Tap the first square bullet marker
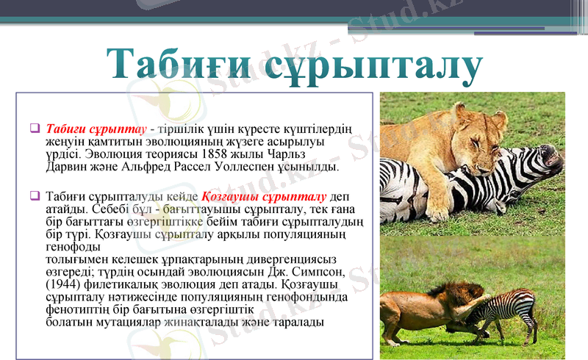(x=35, y=127)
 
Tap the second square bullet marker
(x=35, y=196)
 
